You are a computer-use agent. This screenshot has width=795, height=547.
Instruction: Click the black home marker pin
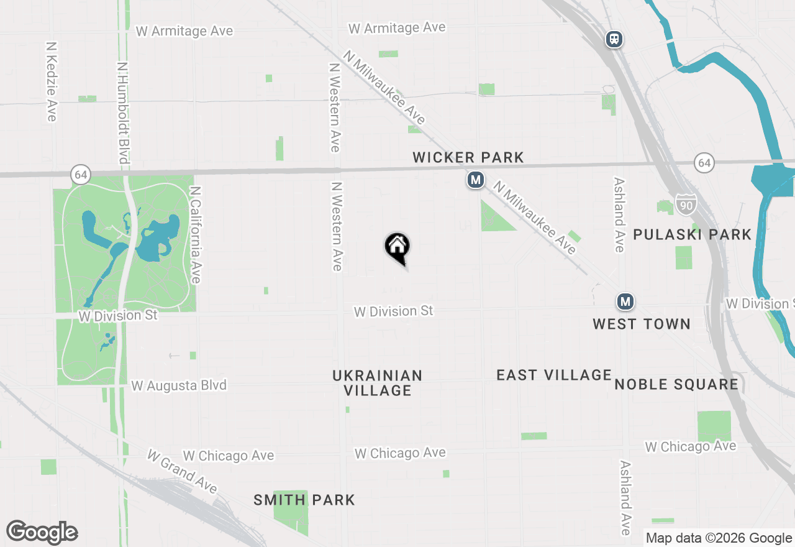click(397, 247)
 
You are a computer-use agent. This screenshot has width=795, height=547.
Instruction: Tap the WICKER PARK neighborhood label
click(468, 158)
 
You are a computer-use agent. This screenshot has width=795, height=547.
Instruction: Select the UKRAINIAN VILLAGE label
click(377, 383)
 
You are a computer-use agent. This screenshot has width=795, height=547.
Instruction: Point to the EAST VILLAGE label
click(554, 375)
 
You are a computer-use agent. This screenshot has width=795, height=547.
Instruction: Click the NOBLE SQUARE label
click(676, 384)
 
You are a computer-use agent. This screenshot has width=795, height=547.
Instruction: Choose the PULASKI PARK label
click(693, 234)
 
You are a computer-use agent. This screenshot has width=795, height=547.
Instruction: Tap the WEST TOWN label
click(642, 324)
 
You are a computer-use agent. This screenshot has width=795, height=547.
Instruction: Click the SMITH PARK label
click(304, 500)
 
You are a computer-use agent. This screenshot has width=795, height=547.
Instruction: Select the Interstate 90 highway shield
click(686, 204)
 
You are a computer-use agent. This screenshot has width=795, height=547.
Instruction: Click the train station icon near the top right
click(614, 40)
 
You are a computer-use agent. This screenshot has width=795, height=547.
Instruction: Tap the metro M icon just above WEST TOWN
click(625, 302)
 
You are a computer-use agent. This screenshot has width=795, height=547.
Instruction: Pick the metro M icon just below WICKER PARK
click(476, 180)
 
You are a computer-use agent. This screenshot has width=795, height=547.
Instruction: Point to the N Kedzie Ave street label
click(52, 81)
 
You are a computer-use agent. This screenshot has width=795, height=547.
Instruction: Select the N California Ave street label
click(196, 234)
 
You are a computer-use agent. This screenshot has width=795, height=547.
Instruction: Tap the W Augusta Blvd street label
click(179, 385)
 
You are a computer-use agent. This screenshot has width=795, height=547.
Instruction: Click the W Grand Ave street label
click(181, 471)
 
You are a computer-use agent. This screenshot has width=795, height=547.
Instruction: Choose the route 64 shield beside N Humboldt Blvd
click(80, 175)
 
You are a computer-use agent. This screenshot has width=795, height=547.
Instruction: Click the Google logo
click(42, 532)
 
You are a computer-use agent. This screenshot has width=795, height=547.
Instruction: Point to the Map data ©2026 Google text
click(719, 538)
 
